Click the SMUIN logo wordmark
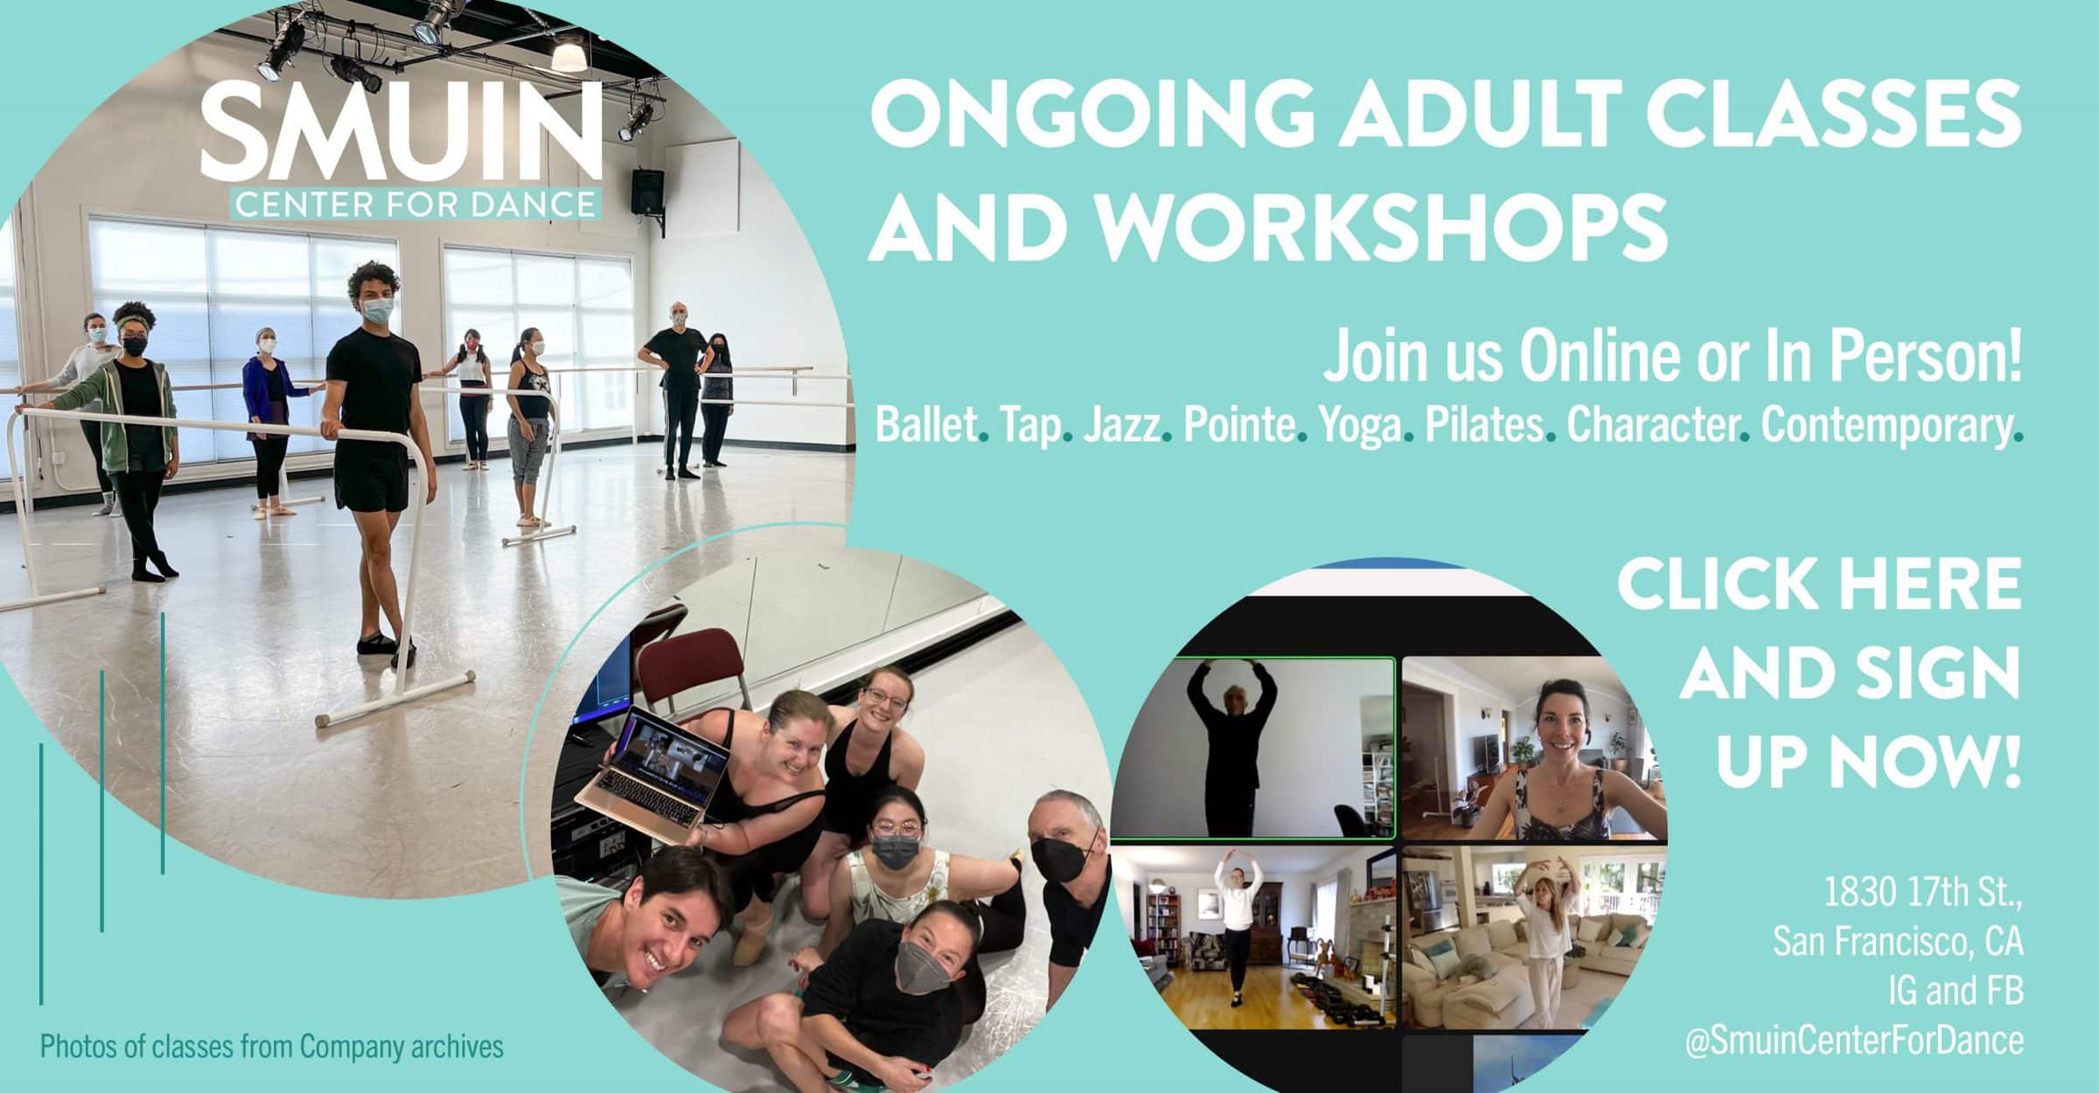pos(401,132)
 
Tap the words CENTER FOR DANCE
pos(415,203)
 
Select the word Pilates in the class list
pos(1483,426)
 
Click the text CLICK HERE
pos(1819,585)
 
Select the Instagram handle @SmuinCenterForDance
pos(1854,1041)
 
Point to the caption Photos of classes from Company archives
pos(272,1046)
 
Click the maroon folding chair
pos(691,669)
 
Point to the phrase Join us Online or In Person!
pos(1672,359)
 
